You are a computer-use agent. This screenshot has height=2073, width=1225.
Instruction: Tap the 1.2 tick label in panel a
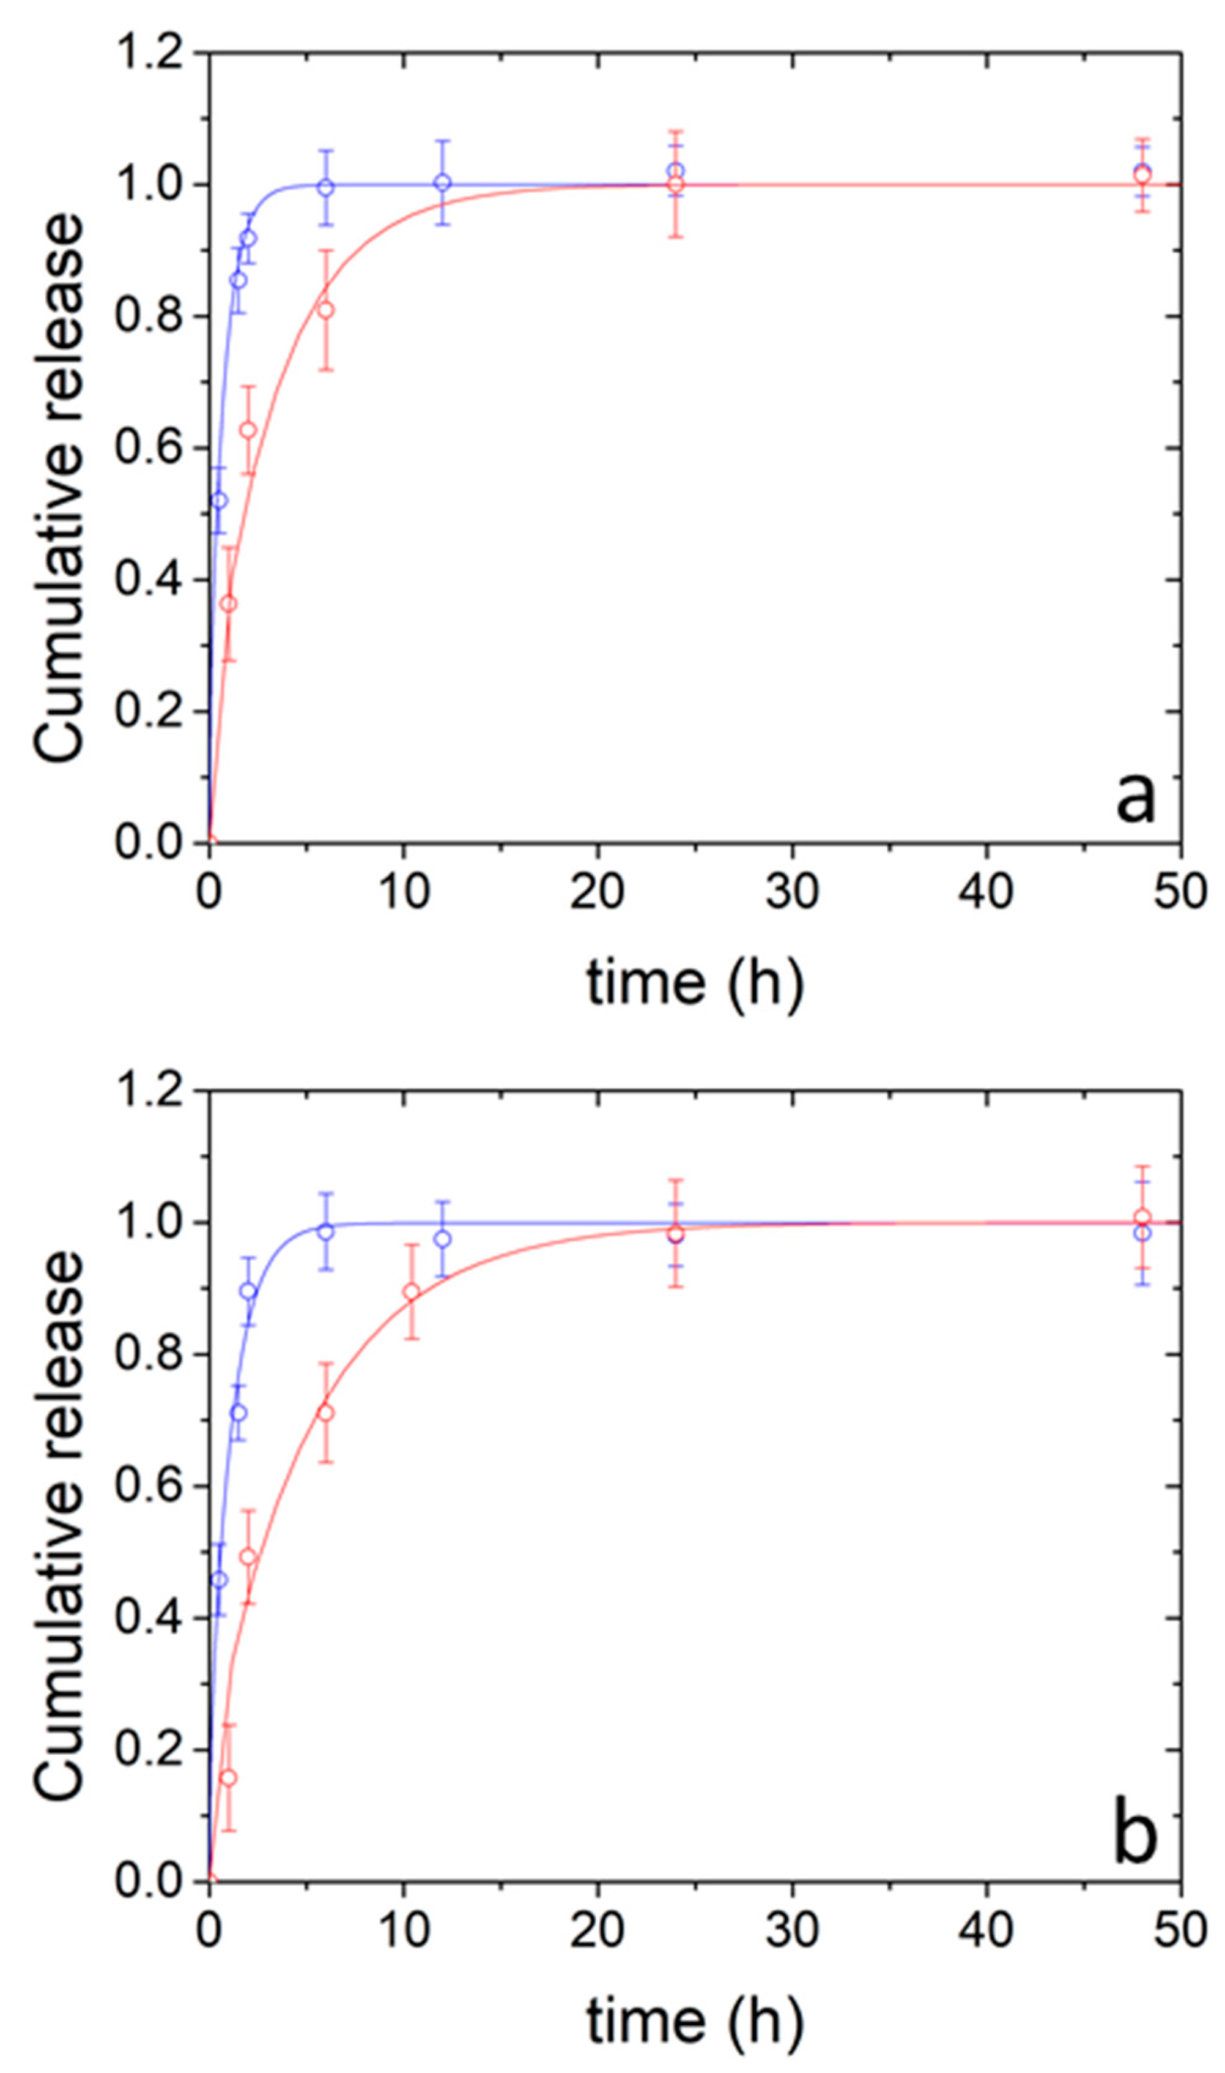tap(149, 53)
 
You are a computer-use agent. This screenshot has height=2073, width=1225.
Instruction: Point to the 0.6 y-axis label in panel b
tap(149, 1486)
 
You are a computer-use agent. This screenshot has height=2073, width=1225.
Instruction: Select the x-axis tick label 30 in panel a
tap(791, 892)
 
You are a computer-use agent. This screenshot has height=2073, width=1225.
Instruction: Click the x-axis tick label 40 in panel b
tap(986, 1930)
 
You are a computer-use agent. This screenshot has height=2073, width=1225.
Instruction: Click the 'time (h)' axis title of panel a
tap(694, 984)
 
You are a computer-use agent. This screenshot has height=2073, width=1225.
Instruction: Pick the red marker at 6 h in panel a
tap(326, 310)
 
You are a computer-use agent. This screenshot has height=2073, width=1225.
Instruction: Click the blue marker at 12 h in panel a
tap(442, 182)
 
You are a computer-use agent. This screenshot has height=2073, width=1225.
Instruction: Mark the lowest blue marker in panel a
tap(219, 501)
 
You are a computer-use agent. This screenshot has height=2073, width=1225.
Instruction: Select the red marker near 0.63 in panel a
tap(248, 430)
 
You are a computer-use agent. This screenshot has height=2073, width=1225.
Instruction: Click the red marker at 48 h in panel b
tap(1142, 1217)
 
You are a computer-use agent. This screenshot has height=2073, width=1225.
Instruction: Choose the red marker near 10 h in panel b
tap(411, 1291)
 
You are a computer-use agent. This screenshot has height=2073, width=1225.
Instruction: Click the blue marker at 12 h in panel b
tap(442, 1239)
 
